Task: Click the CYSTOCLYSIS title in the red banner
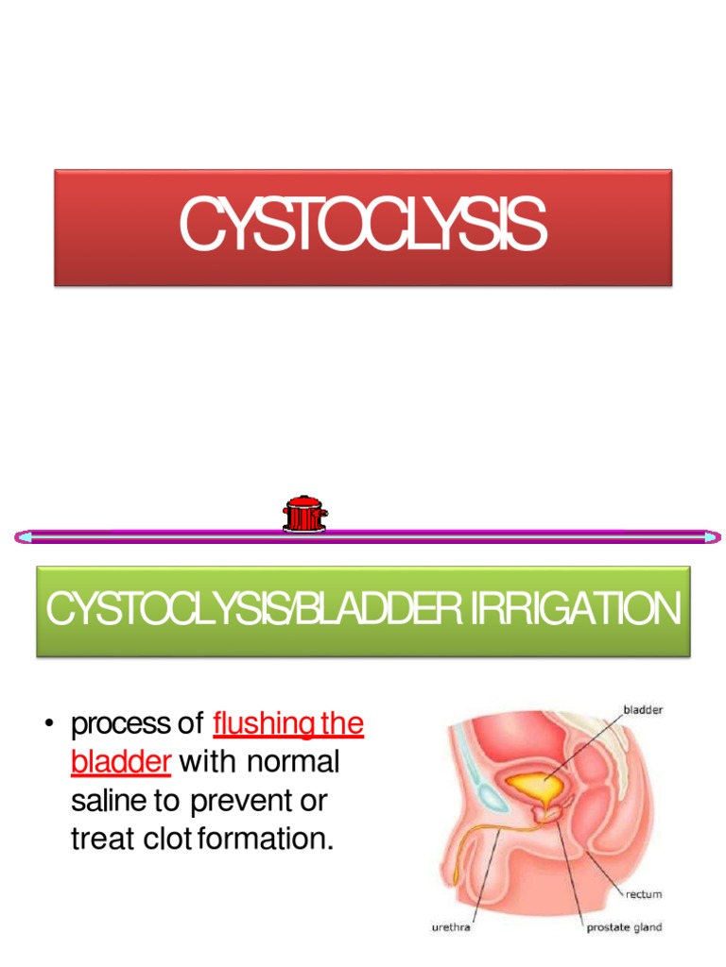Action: [x=363, y=227]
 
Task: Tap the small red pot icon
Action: [x=304, y=514]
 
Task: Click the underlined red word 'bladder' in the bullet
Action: [x=120, y=763]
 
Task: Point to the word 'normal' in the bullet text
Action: [x=293, y=763]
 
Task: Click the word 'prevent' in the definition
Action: [x=240, y=801]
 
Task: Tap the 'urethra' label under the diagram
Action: [x=451, y=927]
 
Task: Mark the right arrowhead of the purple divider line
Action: [x=711, y=537]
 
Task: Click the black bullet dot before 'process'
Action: [x=48, y=726]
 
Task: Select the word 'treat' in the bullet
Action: [x=100, y=839]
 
